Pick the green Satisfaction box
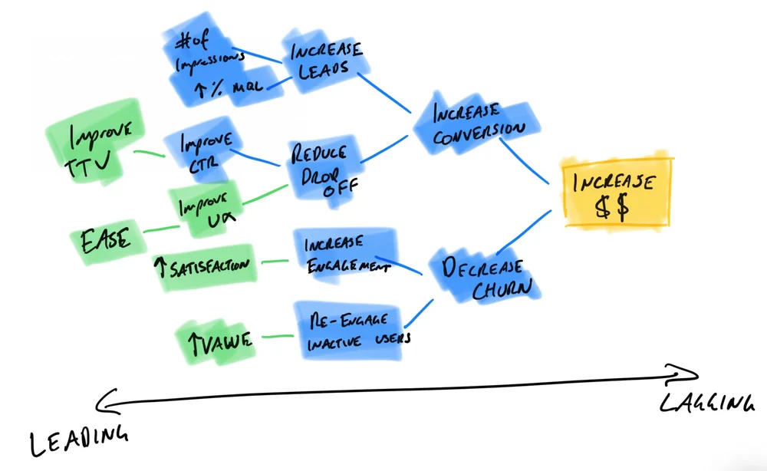click(205, 265)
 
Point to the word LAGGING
click(706, 405)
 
